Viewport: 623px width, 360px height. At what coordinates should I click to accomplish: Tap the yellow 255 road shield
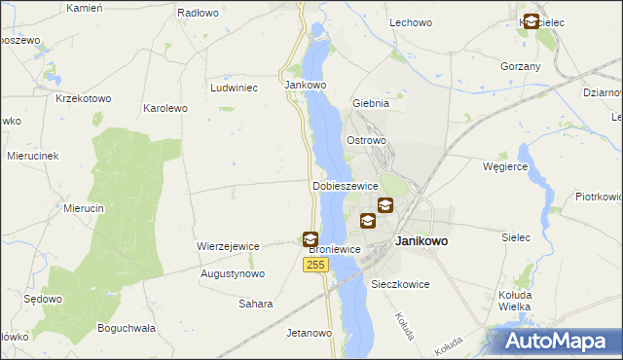point(314,265)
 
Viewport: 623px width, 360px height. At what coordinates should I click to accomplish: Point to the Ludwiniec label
point(234,88)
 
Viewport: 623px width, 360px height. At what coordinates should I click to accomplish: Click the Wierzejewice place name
point(228,246)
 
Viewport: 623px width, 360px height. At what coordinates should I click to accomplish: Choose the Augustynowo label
point(233,274)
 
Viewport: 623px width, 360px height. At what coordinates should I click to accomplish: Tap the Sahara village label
point(256,304)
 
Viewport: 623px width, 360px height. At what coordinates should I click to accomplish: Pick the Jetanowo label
point(310,333)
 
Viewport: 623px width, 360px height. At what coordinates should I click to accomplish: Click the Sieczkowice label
point(400,284)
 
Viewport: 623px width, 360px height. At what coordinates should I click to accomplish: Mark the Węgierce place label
point(505,166)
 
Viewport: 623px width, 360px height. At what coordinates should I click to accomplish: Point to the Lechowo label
point(410,21)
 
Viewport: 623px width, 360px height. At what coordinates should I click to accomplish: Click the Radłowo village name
point(198,14)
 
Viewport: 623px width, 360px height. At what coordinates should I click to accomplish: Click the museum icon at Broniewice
point(310,238)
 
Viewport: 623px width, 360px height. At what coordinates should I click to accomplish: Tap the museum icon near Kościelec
point(531,21)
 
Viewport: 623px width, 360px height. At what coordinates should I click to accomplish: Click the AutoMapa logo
point(559,341)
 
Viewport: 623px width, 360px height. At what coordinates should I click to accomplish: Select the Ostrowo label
point(367,140)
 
